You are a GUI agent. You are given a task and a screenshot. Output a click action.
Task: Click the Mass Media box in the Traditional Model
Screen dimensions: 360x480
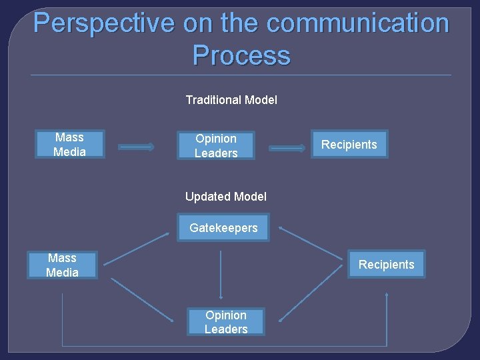[70, 144]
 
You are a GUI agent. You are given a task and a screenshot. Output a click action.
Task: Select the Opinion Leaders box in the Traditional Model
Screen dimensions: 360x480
[216, 145]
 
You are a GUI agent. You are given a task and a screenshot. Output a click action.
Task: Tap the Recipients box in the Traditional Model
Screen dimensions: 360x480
[349, 144]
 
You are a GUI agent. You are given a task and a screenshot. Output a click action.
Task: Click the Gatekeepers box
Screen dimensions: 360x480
[223, 227]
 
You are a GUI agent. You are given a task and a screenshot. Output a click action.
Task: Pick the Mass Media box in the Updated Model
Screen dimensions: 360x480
[62, 265]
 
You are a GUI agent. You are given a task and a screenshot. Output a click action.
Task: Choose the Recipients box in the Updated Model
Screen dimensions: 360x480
[386, 264]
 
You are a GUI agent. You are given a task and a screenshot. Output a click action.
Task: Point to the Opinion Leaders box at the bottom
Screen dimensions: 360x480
[226, 321]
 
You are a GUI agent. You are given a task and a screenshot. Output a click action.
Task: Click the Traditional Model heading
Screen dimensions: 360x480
[231, 100]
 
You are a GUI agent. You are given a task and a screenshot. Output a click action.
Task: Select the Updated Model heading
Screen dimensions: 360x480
[226, 196]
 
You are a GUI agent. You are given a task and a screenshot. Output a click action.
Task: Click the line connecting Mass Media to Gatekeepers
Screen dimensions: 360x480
[137, 249]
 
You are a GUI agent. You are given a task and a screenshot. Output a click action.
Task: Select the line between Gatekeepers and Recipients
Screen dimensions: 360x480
[310, 243]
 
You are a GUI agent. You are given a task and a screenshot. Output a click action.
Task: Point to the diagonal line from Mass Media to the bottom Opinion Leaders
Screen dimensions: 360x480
[141, 298]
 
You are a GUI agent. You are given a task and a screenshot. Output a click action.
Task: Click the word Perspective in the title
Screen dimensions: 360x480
[103, 23]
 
